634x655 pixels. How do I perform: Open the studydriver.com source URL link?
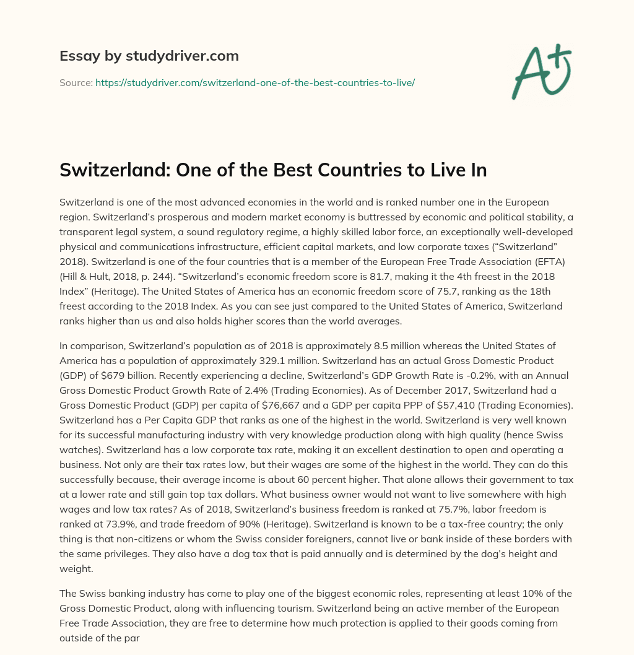[254, 82]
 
